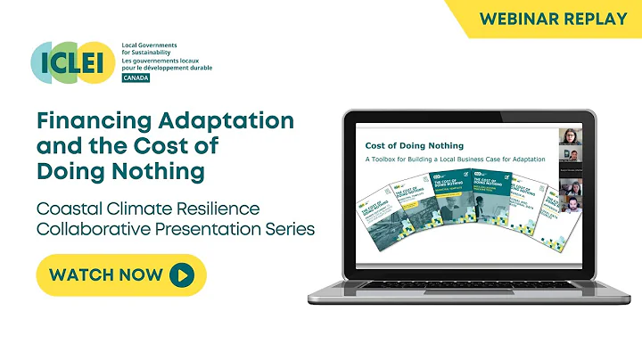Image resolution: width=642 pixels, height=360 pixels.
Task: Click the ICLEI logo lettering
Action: [x=74, y=61]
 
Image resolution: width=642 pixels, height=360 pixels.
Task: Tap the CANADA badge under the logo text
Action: [x=136, y=78]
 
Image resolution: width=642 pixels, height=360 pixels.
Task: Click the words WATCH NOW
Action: [x=106, y=274]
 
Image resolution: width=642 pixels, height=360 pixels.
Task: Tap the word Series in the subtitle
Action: [x=288, y=229]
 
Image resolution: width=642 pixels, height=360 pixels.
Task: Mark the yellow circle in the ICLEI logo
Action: [x=95, y=61]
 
